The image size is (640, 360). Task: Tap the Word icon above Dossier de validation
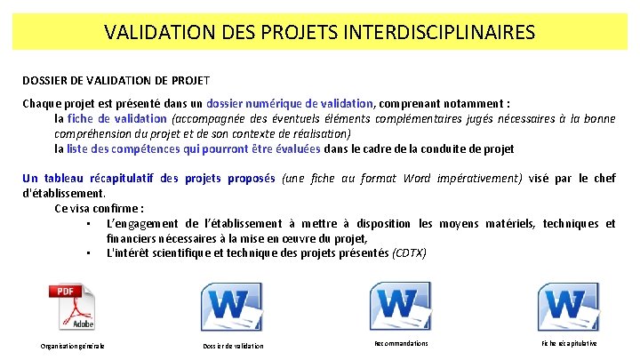click(233, 308)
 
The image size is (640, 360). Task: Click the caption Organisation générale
click(73, 345)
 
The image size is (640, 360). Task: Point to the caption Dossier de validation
click(233, 345)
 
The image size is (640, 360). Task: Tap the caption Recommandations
click(401, 343)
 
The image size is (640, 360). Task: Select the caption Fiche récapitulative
click(569, 343)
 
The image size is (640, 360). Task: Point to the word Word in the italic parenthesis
click(417, 178)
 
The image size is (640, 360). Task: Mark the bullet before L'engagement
click(90, 223)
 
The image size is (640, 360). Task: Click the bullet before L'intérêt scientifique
click(90, 253)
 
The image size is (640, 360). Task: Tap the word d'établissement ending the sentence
click(62, 192)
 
